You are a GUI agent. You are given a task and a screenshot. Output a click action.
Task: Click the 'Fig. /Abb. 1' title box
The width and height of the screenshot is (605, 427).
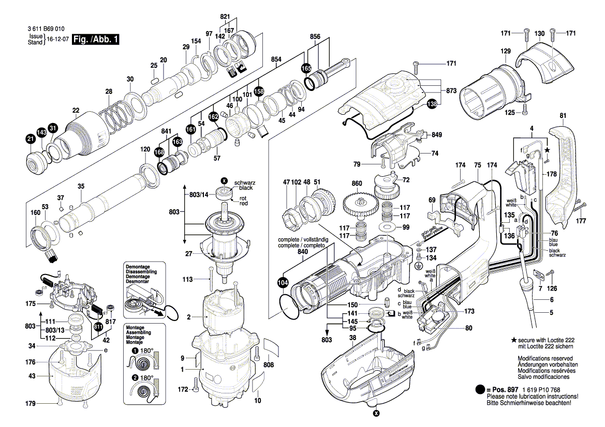click(x=96, y=40)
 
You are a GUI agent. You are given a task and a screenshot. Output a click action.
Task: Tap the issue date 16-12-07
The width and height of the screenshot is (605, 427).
click(x=58, y=40)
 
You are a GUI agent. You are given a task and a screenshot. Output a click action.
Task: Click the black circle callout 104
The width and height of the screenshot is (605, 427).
click(x=283, y=283)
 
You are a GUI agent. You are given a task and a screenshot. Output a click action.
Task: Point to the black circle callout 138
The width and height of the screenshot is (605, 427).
click(x=431, y=104)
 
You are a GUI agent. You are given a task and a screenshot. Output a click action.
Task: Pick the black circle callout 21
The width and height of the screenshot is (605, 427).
click(x=31, y=139)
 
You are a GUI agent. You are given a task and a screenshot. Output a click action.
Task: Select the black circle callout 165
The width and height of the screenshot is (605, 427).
click(x=306, y=68)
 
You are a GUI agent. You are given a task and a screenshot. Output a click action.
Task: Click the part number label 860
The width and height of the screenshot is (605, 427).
click(x=357, y=184)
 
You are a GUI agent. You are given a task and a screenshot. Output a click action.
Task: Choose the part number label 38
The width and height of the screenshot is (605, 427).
click(x=353, y=338)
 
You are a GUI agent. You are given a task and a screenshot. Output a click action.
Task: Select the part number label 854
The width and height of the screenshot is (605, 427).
click(x=276, y=59)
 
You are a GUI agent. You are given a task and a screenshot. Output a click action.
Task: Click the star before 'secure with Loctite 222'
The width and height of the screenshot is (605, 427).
click(x=513, y=340)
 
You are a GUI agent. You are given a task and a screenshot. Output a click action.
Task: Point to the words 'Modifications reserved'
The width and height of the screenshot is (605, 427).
click(x=545, y=358)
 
